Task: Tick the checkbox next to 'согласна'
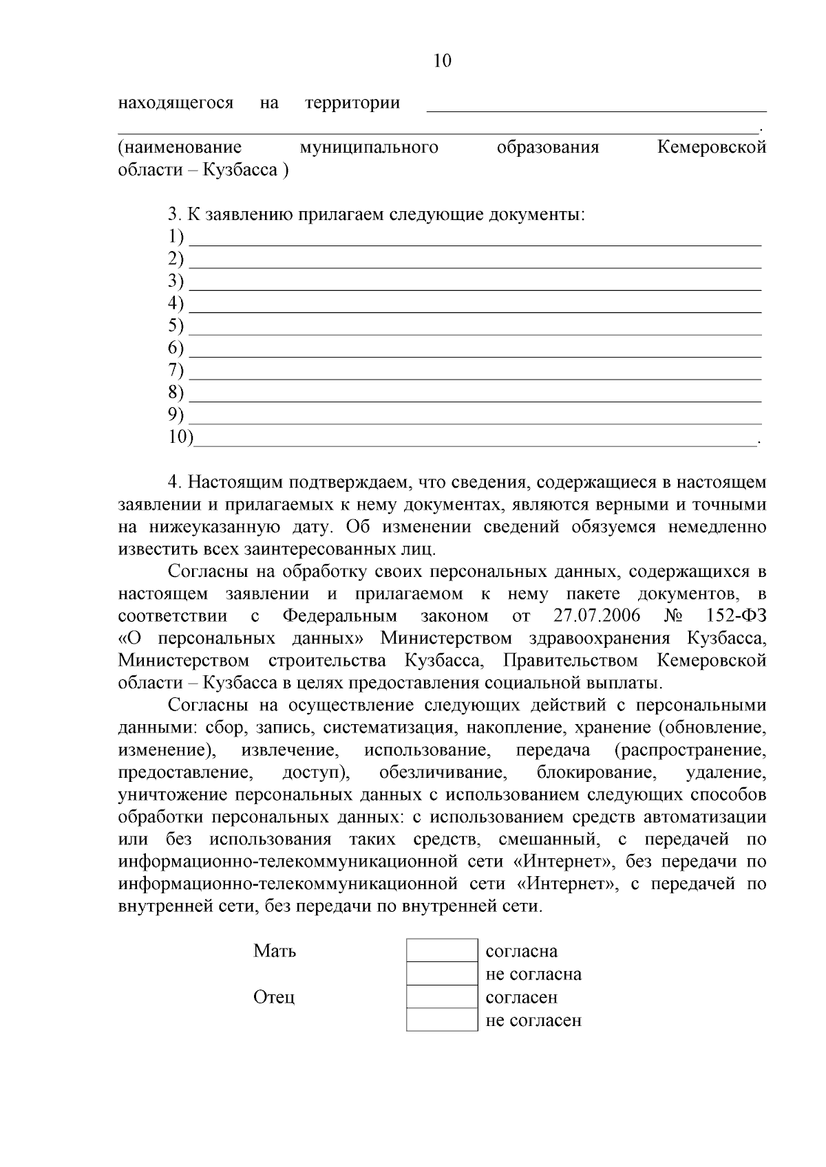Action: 441,951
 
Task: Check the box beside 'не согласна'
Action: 441,974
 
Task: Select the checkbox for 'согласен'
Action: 441,996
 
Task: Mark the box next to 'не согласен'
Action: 441,1019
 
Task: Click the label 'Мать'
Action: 275,951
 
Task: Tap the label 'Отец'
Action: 274,997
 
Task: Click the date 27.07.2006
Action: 596,615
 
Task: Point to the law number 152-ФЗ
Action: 736,615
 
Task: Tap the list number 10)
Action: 181,437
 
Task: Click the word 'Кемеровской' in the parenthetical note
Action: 712,147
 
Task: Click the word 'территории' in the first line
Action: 352,103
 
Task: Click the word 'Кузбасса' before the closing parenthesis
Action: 240,170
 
